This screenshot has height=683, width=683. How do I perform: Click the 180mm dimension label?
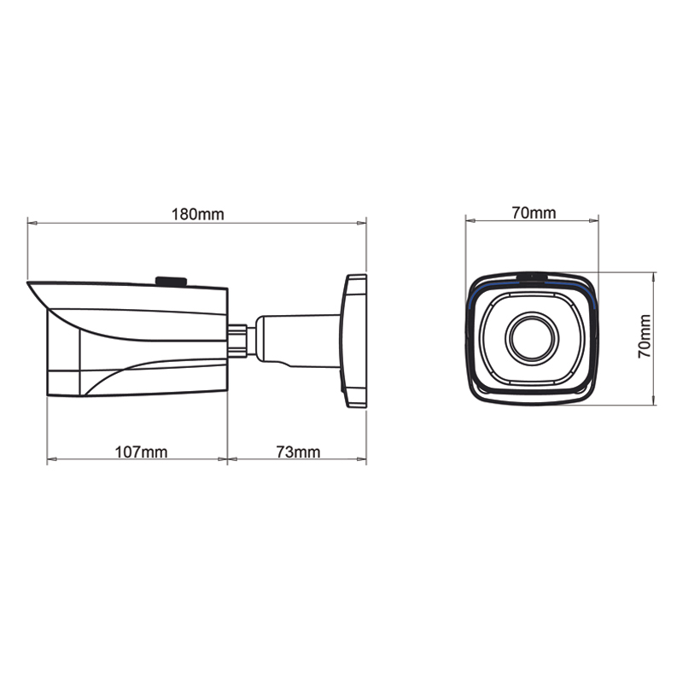pos(198,214)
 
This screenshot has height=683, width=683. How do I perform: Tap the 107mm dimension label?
pos(141,452)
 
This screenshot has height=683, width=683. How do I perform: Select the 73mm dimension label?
pos(298,452)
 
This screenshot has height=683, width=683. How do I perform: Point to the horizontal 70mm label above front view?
pos(534,213)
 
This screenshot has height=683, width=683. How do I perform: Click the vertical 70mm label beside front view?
pos(645,336)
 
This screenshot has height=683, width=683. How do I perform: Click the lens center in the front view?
pos(532,338)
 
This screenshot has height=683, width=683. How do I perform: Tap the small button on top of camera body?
pos(172,282)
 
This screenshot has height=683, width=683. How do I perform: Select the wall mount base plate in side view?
pos(353,341)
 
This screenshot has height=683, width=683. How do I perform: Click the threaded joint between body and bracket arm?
pos(238,340)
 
